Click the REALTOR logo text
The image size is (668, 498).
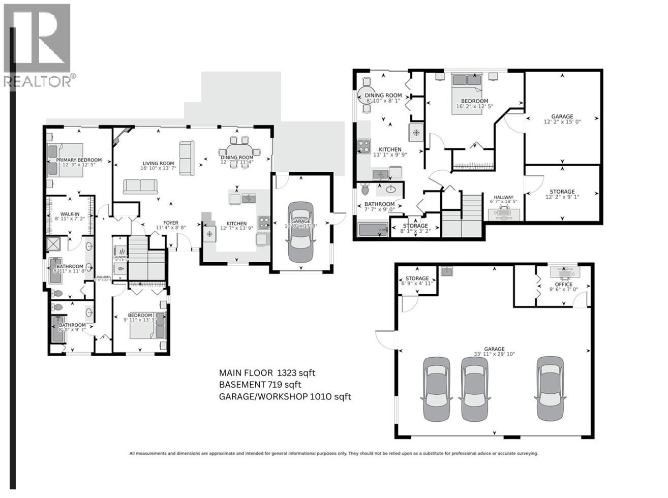pos(38,81)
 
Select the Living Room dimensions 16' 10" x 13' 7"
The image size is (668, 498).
pos(158,168)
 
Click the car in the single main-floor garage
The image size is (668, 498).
pos(300,232)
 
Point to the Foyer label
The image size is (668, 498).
pos(170,223)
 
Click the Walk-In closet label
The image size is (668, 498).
pos(70,213)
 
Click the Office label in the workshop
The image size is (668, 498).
pos(564,284)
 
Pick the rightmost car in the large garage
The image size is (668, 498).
pos(550,388)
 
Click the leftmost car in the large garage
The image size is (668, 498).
pos(437,388)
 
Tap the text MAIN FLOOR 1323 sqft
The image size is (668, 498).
pos(267,372)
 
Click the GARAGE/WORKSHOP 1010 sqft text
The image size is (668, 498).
pos(285,397)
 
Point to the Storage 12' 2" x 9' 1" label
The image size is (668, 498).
pos(562,192)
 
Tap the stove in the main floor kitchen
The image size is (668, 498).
pos(264,222)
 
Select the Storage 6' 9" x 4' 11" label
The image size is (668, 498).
pos(417,278)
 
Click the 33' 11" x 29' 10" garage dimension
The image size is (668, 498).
pos(494,354)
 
